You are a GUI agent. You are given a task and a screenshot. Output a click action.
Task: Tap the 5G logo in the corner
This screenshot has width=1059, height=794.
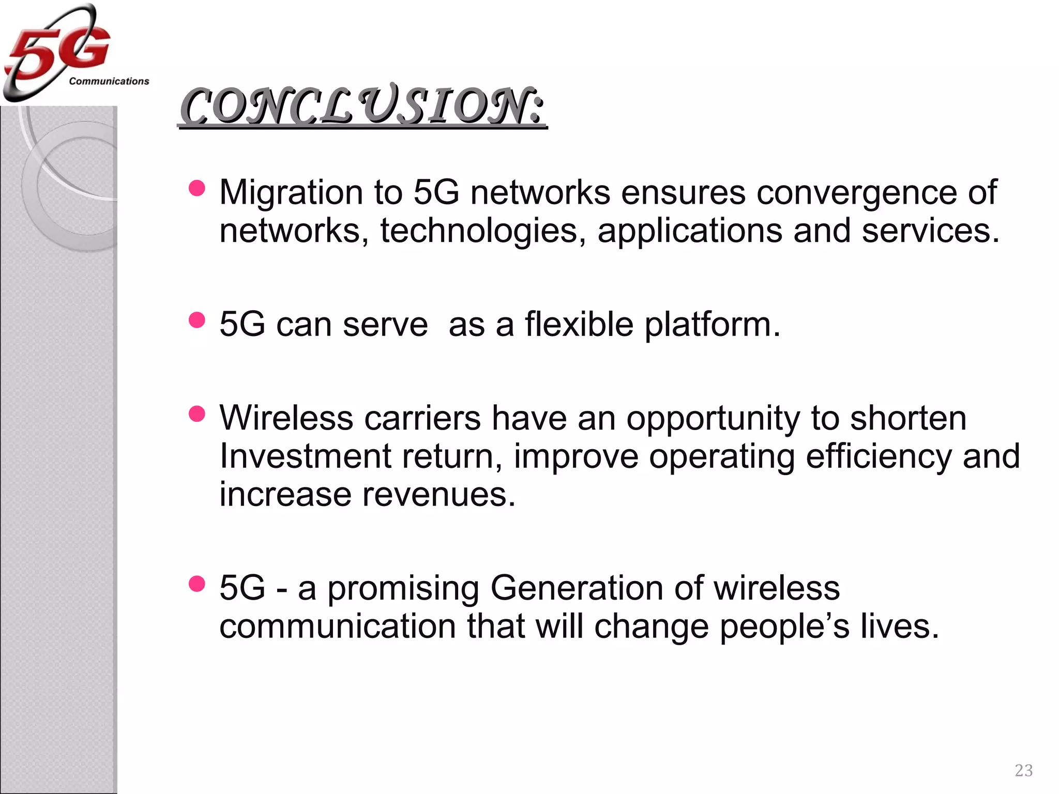pos(57,52)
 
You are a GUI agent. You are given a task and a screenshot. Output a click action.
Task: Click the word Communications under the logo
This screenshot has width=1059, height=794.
pos(109,82)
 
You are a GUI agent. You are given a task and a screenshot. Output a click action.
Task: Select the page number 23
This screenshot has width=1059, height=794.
pos(1023,771)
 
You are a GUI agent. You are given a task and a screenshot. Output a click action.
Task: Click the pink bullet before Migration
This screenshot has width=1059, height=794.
pos(197,188)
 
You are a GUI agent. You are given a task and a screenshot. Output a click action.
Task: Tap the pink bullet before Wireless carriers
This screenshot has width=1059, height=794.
pos(197,414)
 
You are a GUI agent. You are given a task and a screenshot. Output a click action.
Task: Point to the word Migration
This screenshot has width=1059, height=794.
pos(291,193)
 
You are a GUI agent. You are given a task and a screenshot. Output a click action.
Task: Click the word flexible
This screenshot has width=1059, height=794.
pos(579,325)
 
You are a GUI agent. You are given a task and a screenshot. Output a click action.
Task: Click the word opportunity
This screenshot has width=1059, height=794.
pos(713,419)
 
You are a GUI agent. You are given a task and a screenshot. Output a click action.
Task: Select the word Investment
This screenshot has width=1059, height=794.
pos(305,456)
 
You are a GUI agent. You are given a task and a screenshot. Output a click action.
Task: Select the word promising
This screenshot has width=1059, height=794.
pos(403,589)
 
